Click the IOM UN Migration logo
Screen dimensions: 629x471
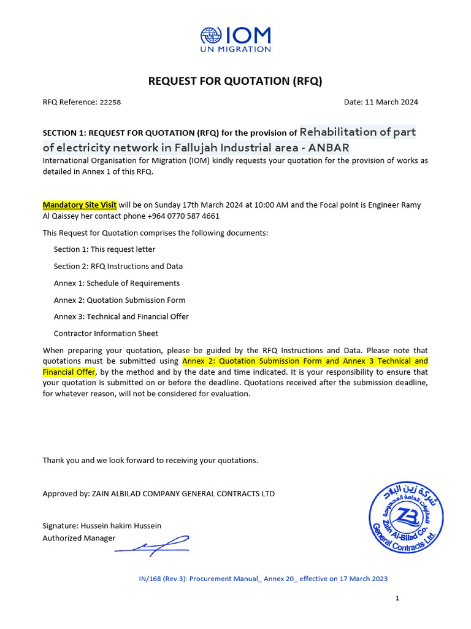[235, 39]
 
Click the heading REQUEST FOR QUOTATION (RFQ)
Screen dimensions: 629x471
[235, 81]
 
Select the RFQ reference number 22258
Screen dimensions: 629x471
[110, 103]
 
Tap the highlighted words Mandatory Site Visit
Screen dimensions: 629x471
[79, 205]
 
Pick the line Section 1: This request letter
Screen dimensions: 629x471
[104, 249]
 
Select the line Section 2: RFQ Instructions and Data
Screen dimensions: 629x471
[118, 266]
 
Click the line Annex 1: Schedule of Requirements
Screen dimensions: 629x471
[117, 283]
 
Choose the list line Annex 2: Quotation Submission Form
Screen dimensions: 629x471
[120, 300]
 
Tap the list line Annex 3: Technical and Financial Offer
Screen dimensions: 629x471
[121, 316]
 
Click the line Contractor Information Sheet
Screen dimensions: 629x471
[105, 334]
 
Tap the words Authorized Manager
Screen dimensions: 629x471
[78, 538]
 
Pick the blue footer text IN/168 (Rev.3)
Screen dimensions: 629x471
[159, 579]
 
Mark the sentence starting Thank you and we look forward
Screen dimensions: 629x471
[150, 460]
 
